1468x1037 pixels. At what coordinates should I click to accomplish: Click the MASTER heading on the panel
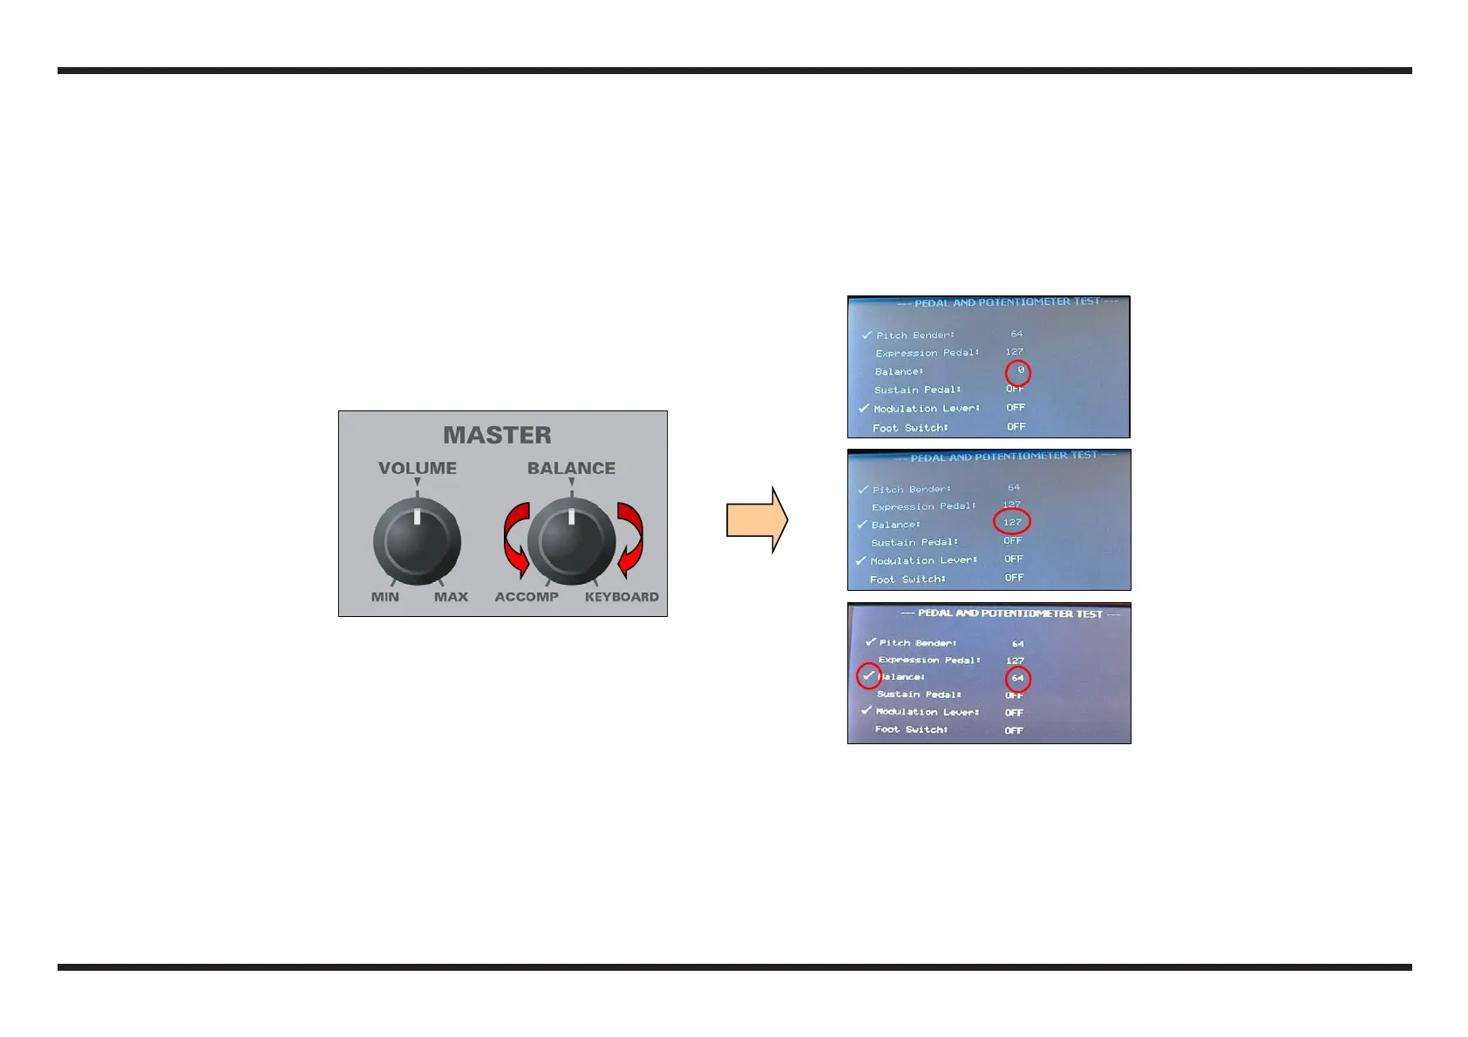click(497, 435)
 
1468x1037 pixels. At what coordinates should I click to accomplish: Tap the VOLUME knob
click(417, 540)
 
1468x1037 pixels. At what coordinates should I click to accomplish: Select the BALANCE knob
click(571, 541)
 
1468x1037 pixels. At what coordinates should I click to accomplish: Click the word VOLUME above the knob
click(417, 468)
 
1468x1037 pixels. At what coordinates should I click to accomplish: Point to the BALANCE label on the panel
click(571, 468)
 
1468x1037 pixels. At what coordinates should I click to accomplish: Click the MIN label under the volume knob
click(384, 597)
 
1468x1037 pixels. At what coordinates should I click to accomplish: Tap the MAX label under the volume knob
click(451, 597)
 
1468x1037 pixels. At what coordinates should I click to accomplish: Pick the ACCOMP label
click(527, 597)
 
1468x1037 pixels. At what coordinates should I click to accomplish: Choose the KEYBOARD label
click(622, 597)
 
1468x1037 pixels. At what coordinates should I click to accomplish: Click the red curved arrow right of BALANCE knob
click(630, 539)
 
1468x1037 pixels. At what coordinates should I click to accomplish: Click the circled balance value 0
click(1018, 372)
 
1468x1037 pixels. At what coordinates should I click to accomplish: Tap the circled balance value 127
click(1012, 522)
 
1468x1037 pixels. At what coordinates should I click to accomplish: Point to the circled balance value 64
click(1018, 678)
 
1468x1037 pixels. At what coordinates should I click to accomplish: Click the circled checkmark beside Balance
click(868, 676)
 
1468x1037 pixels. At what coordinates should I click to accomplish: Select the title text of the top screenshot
click(1007, 302)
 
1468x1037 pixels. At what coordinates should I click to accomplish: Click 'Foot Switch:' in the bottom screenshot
click(911, 729)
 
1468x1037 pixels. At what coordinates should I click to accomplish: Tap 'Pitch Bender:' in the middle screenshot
click(912, 489)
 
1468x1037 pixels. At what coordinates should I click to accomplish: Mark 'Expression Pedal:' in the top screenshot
click(928, 353)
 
